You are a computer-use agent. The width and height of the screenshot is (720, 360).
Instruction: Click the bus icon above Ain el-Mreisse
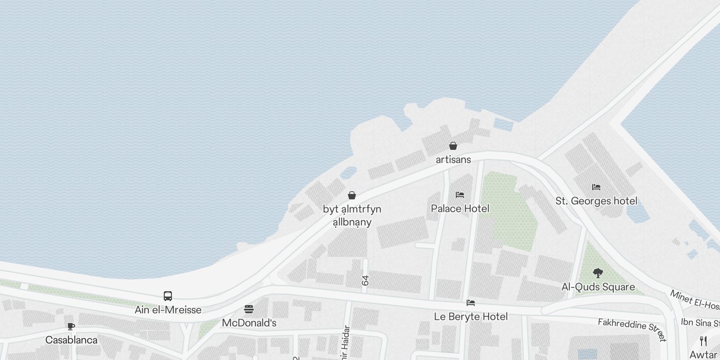point(168,296)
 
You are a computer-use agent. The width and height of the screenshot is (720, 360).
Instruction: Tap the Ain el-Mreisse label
point(168,310)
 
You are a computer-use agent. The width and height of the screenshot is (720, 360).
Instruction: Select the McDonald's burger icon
point(249,309)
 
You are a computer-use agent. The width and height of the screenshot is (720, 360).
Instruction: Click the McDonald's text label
point(249,323)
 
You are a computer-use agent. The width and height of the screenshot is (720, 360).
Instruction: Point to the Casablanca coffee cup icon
point(71,326)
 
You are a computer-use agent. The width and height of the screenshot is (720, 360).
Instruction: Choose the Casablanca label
point(71,340)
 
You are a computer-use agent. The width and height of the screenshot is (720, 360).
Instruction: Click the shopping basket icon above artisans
point(453,146)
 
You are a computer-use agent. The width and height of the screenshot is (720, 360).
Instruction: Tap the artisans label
point(453,159)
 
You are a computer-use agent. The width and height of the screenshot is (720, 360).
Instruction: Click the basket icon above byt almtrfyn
point(352,195)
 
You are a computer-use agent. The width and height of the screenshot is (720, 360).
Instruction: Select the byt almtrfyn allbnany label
point(352,215)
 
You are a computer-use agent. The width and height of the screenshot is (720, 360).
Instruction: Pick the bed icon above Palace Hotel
point(460,195)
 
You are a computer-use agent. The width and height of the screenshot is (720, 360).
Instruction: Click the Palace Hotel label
point(460,208)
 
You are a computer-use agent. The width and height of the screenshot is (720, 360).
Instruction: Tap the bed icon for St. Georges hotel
point(596,187)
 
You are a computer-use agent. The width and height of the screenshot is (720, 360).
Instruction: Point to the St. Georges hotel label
point(596,201)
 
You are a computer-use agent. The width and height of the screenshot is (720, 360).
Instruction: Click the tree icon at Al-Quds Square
point(598,273)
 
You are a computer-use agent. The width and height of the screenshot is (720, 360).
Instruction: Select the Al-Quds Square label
point(598,287)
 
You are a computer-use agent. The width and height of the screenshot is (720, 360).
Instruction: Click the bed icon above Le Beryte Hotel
point(471,303)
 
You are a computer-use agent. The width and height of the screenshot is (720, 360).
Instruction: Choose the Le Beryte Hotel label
point(471,316)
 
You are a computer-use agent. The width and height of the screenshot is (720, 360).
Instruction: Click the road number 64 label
point(365,280)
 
